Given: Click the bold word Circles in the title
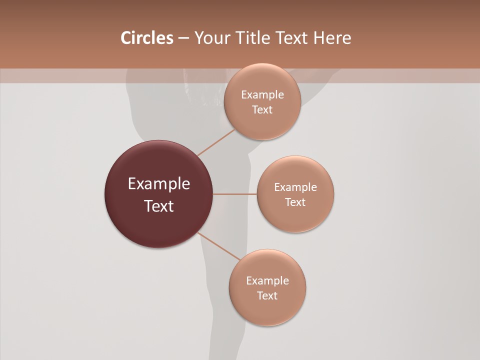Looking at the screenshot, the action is point(146,38).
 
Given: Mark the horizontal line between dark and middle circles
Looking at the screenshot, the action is point(234,194).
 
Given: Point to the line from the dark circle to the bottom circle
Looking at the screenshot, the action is point(219,246).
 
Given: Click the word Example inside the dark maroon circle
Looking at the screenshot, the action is point(159,184).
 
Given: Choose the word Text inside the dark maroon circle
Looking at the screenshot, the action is point(159,206).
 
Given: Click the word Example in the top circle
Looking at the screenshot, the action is point(262,95).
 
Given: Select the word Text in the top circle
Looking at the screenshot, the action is point(262,110).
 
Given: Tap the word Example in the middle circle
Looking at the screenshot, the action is point(295,187).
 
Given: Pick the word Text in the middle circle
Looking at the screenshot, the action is point(295,202).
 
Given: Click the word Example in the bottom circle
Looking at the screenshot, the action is point(267,281).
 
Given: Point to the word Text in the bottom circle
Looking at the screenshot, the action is point(267,296).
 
